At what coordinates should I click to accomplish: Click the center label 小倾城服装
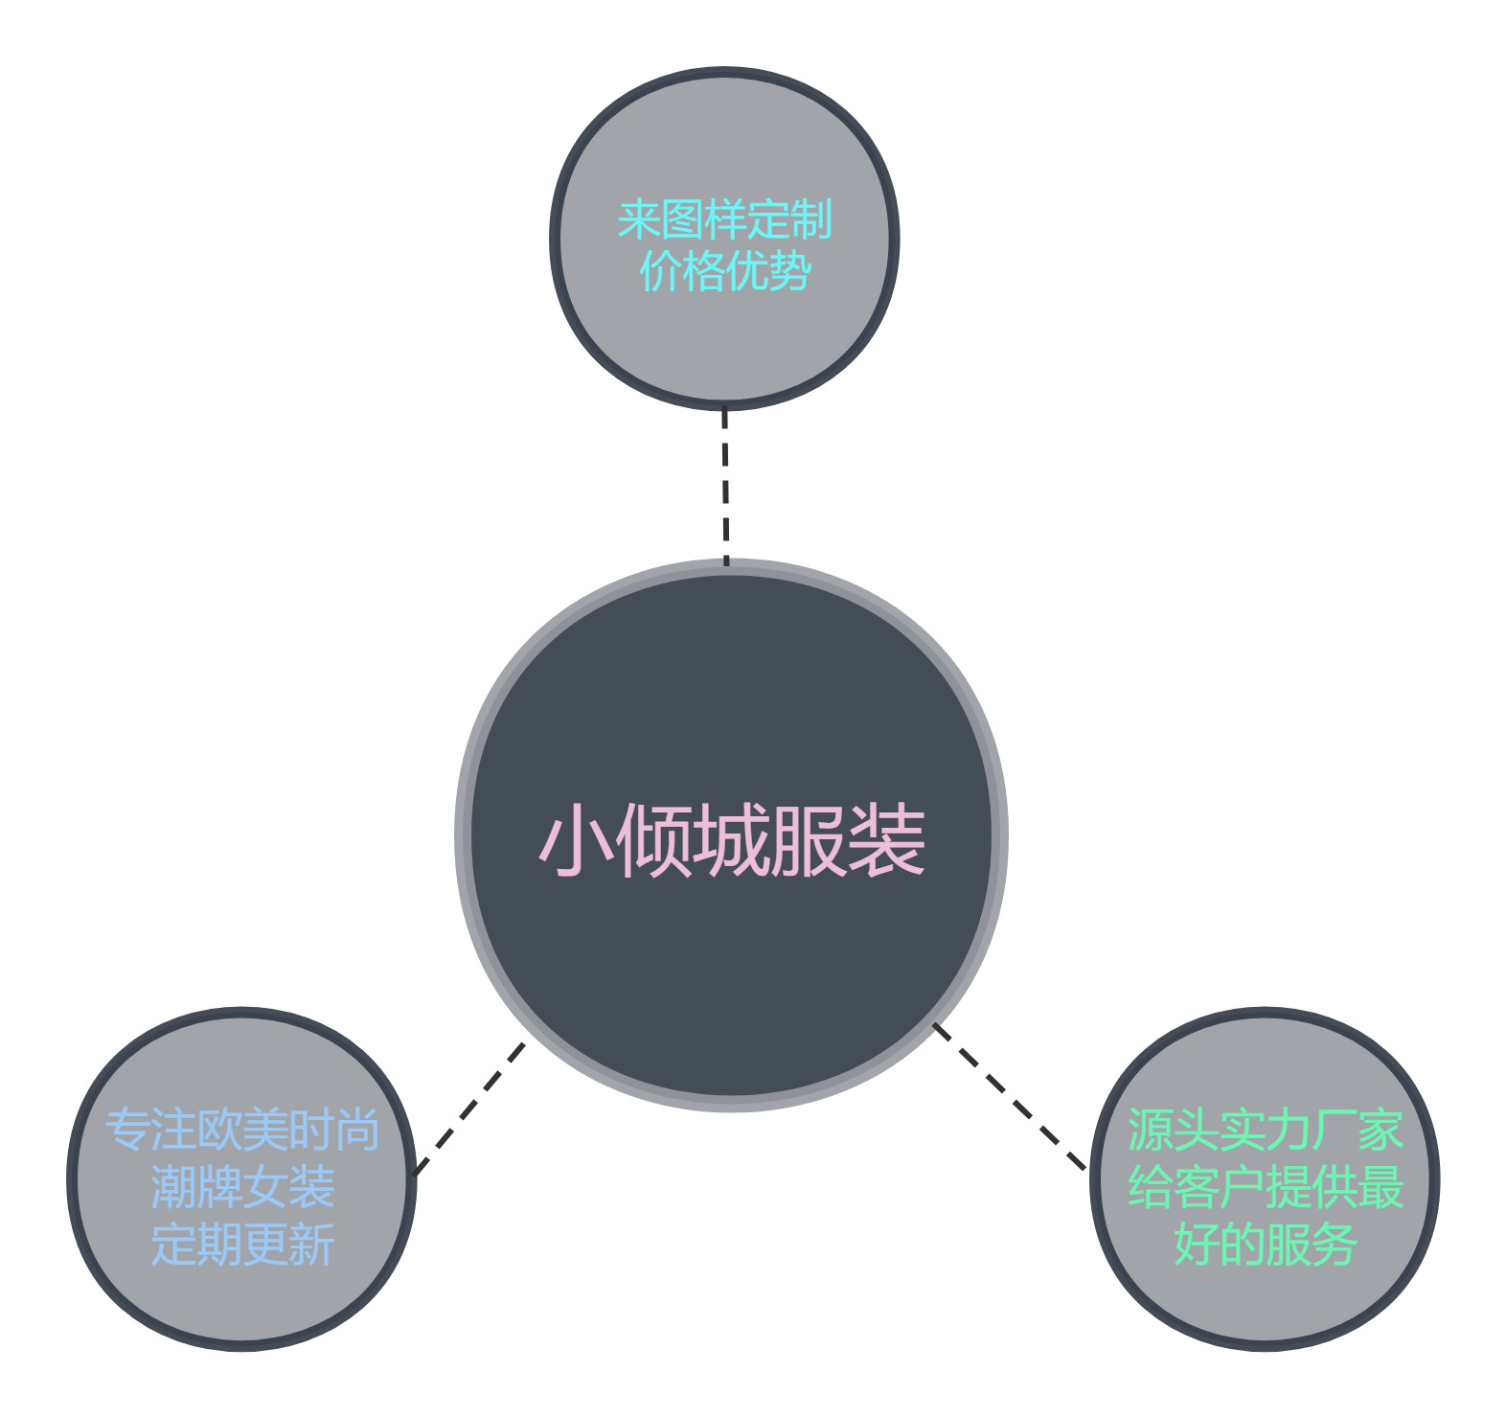tap(732, 840)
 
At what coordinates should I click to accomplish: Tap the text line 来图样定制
tap(724, 220)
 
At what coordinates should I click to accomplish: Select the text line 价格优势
tap(724, 271)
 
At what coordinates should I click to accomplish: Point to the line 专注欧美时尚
tap(242, 1131)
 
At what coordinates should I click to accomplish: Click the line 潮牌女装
tap(242, 1188)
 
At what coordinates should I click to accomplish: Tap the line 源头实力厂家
tap(1265, 1131)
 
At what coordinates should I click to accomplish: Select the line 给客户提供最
tap(1265, 1188)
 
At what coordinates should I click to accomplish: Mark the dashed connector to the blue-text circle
tap(469, 1108)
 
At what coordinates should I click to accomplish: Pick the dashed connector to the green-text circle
tap(1009, 1097)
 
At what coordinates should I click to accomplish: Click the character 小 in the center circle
tap(576, 840)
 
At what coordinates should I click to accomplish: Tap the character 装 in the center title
tap(887, 840)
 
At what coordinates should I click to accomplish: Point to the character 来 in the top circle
tap(639, 220)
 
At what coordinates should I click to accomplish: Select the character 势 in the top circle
tap(789, 271)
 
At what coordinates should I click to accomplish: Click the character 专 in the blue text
tap(128, 1131)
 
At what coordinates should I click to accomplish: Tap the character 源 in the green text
tap(1150, 1131)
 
